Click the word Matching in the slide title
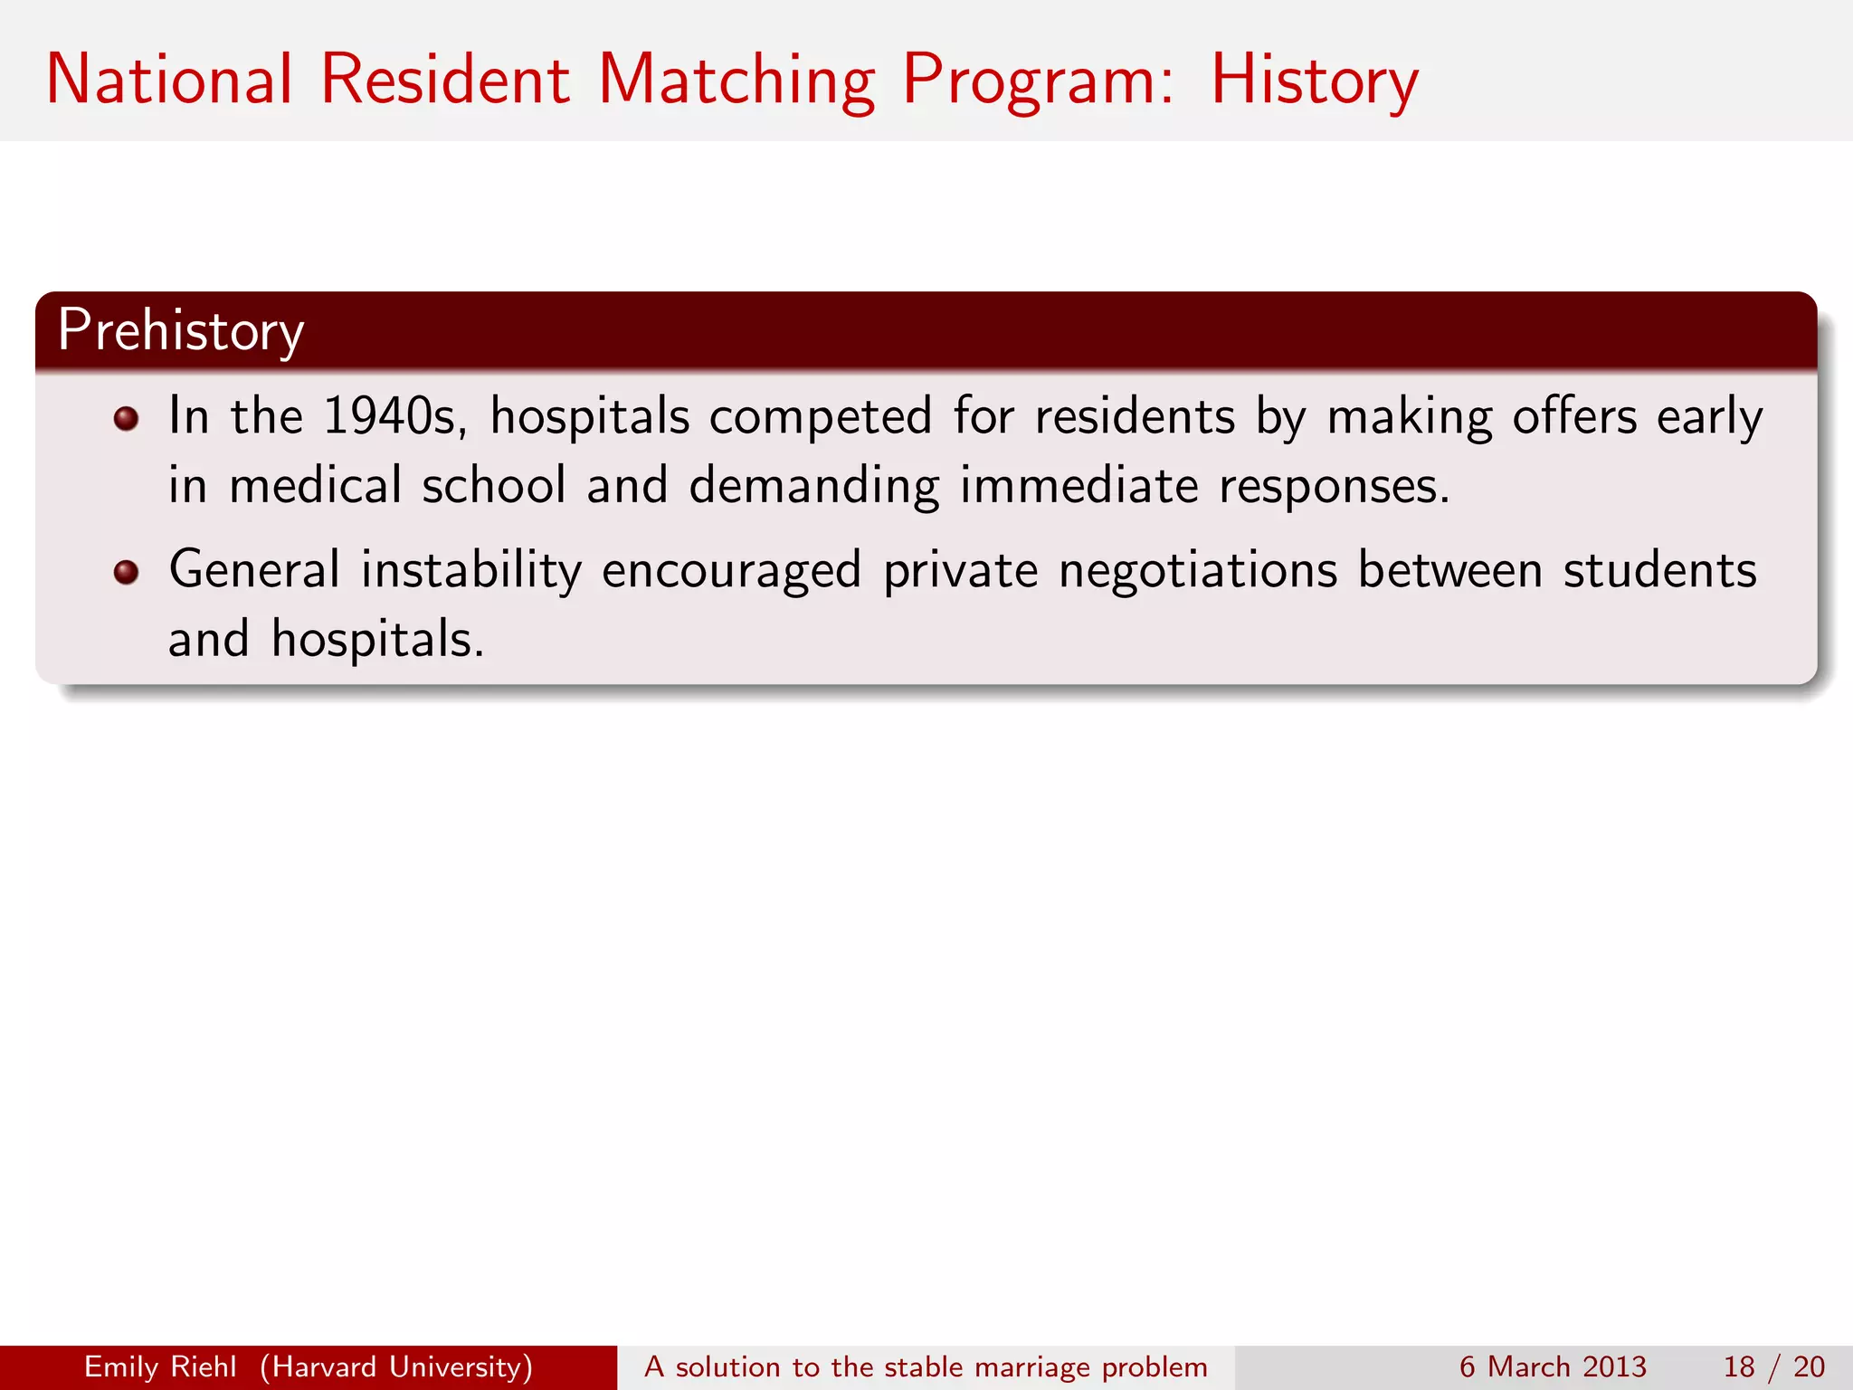point(736,81)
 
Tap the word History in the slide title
point(1314,81)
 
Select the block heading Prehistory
point(181,331)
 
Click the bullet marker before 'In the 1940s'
point(126,418)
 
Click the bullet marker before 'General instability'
point(126,572)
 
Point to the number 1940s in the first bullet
point(394,417)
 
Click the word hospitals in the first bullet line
point(590,418)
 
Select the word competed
point(820,417)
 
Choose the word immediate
point(1079,486)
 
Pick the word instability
point(471,571)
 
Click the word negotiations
point(1197,571)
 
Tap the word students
point(1659,571)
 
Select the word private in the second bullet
point(960,571)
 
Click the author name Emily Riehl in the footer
point(160,1366)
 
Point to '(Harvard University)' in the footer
point(396,1366)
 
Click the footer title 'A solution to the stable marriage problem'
point(926,1366)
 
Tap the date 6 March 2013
point(1552,1366)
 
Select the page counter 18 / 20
point(1773,1366)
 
